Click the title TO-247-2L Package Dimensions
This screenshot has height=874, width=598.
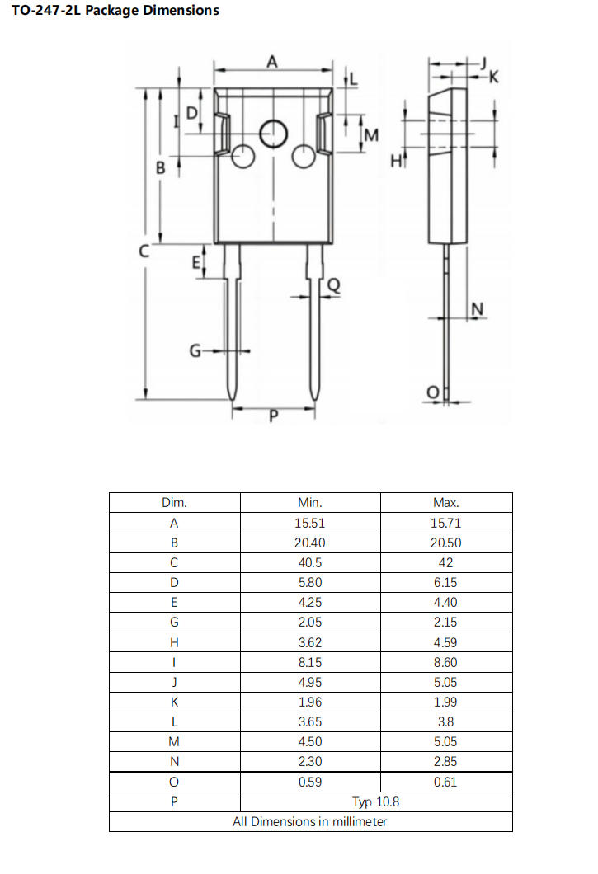[115, 11]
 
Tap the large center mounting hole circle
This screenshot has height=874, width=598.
[273, 133]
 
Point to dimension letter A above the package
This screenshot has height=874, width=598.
[272, 61]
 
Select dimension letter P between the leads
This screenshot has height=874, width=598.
[274, 417]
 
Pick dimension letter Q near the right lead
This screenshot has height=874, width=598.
[334, 285]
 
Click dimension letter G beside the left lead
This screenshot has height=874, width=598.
[195, 351]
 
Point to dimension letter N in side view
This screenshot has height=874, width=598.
[477, 309]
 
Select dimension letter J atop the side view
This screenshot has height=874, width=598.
[484, 63]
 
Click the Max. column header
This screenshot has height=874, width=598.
[445, 502]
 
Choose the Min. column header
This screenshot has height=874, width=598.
[310, 502]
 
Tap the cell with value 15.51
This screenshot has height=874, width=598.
[310, 523]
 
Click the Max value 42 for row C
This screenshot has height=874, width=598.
[445, 562]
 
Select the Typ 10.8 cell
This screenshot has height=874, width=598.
[377, 801]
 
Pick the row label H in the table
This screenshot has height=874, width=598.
[174, 642]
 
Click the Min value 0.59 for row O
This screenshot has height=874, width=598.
[310, 782]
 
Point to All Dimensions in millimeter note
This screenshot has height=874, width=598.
[310, 821]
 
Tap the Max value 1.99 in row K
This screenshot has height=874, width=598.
[445, 702]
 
